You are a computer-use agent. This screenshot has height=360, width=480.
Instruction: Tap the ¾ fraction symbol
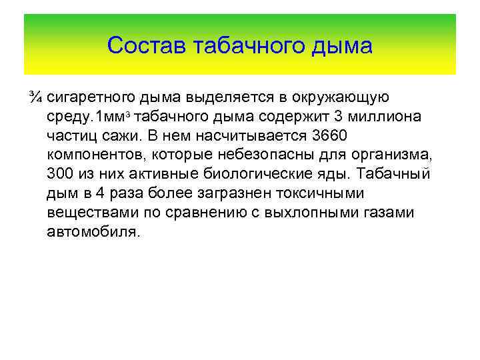[x=37, y=98]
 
